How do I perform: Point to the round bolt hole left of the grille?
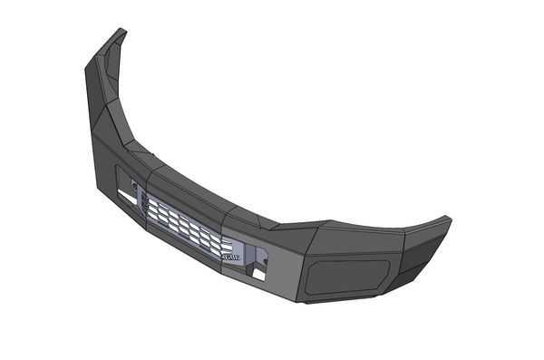[134, 186]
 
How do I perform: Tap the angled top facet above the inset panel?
[354, 238]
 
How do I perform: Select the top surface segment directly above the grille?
[195, 188]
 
